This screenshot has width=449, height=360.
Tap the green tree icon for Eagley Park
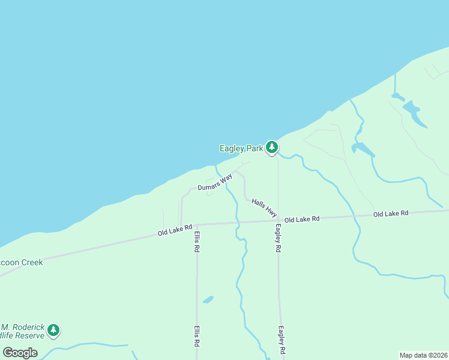[x=272, y=147]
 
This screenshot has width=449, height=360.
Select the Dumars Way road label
[x=215, y=182]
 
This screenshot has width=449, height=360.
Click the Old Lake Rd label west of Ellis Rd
[x=175, y=230]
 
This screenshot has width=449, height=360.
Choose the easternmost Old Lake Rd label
[x=390, y=214]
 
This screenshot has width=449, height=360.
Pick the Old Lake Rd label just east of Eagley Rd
[x=301, y=220]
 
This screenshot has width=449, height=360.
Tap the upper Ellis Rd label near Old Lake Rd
[x=196, y=241]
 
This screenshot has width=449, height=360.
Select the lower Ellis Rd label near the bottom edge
[x=196, y=337]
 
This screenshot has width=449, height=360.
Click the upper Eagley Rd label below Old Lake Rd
[x=279, y=238]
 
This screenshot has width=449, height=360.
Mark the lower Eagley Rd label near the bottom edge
[x=280, y=339]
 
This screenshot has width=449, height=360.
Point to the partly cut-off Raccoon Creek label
[x=22, y=262]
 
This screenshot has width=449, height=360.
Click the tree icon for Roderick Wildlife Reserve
[x=53, y=330]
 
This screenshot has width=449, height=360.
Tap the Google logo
[x=20, y=352]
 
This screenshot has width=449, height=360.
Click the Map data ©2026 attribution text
[x=424, y=355]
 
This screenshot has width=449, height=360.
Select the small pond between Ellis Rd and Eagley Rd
[x=208, y=299]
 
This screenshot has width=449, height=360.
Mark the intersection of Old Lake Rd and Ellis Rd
[x=196, y=224]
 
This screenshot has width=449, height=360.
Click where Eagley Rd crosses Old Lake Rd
[x=278, y=221]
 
